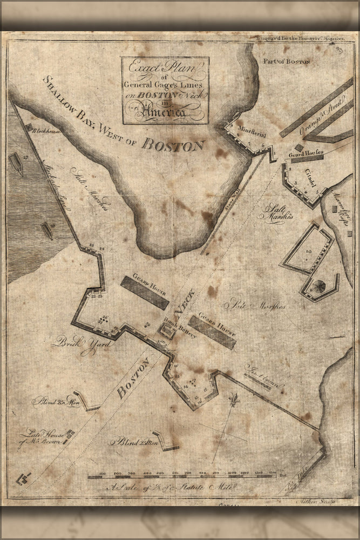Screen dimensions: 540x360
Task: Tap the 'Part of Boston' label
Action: pyautogui.click(x=287, y=61)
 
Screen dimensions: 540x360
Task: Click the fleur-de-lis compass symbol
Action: pyautogui.click(x=234, y=401)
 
